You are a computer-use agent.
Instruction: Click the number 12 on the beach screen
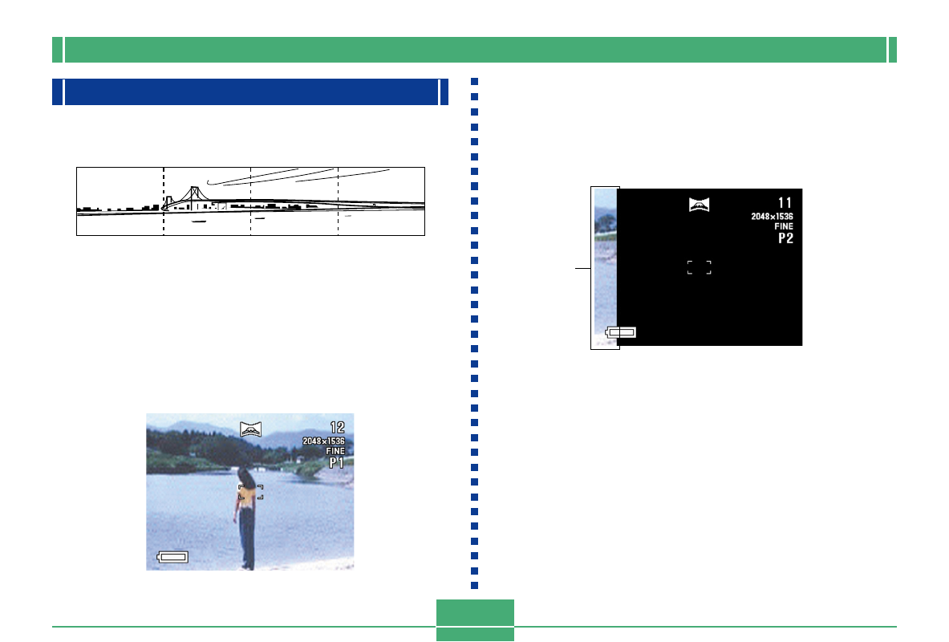(x=337, y=428)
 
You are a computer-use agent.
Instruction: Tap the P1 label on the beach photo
(x=336, y=463)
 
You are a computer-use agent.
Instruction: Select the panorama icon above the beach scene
(x=250, y=429)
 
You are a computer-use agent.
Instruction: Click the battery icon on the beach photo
(x=172, y=557)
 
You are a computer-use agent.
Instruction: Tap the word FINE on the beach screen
(x=335, y=451)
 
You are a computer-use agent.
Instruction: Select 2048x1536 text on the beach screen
(x=324, y=441)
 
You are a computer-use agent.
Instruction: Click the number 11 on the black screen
(x=785, y=203)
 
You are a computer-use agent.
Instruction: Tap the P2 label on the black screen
(x=785, y=238)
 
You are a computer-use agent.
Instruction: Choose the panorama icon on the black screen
(x=699, y=205)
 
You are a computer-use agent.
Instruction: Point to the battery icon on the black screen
(x=620, y=332)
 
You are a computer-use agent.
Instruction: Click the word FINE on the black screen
(x=784, y=226)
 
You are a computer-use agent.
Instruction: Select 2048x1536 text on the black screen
(x=773, y=216)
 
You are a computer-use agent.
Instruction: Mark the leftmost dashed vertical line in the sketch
(x=164, y=201)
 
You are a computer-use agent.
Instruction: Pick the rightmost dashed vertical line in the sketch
(x=338, y=201)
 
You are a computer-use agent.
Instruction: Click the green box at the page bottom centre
(x=475, y=619)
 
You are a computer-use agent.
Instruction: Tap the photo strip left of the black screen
(x=605, y=268)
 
